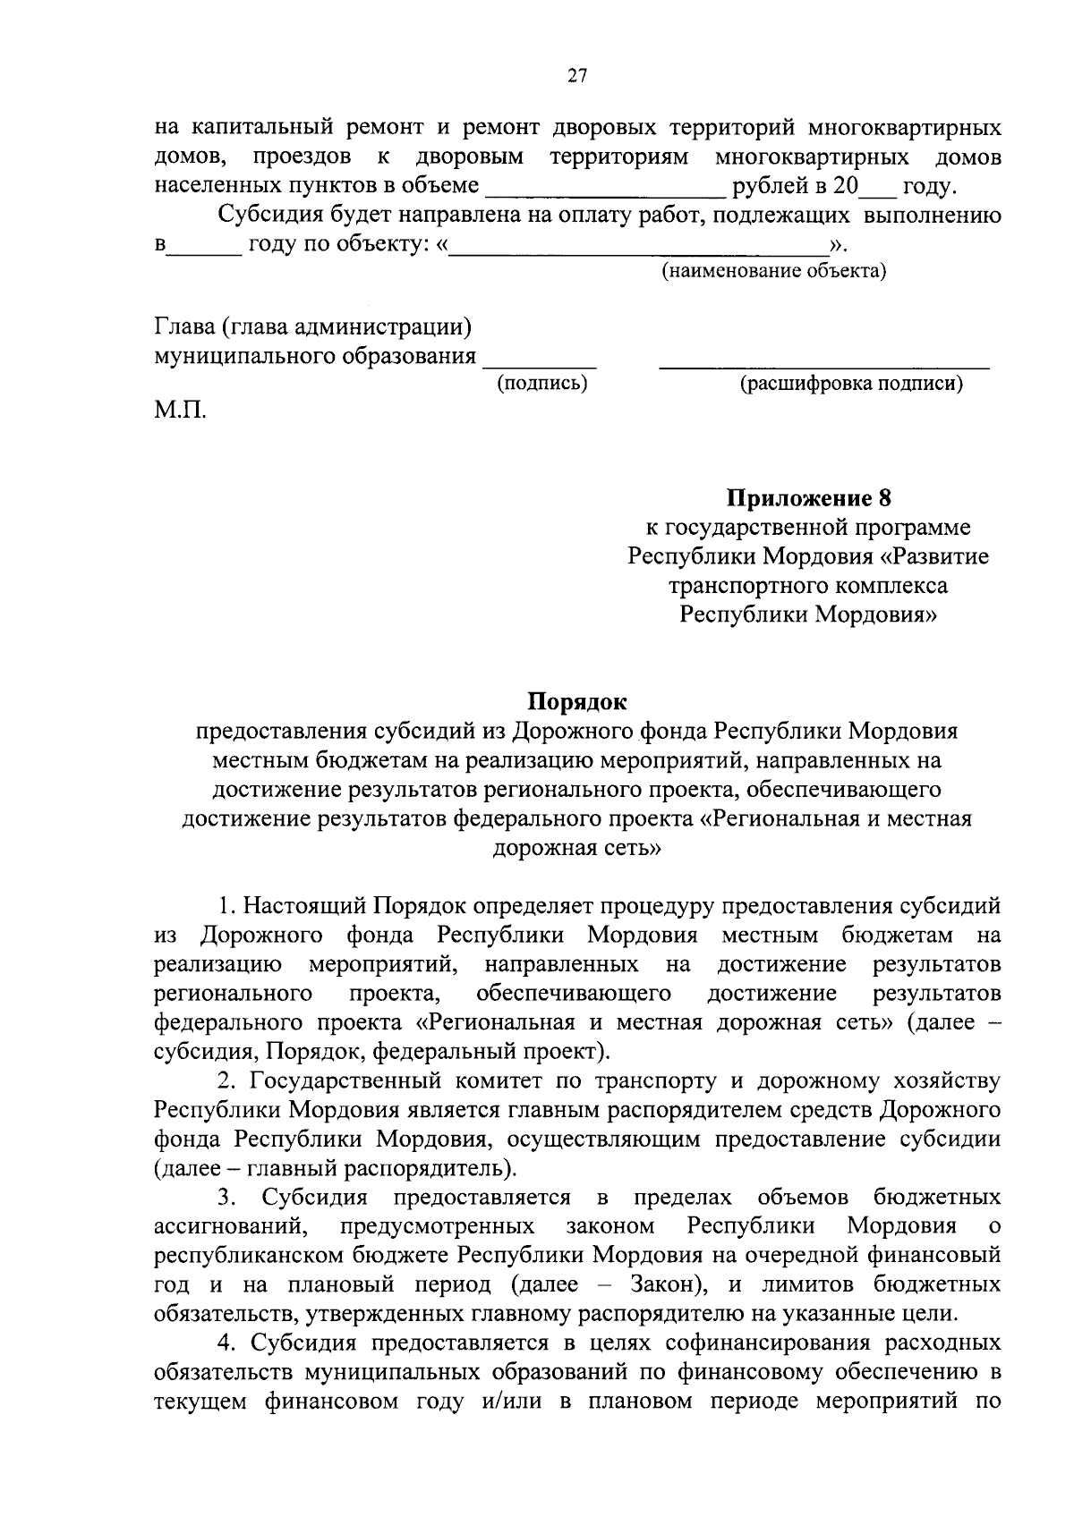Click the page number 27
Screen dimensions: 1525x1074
point(576,77)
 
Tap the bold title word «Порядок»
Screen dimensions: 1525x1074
point(576,700)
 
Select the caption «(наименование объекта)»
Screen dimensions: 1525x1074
point(773,271)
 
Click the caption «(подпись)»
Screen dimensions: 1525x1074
point(542,384)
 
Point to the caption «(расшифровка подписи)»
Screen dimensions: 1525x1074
point(850,384)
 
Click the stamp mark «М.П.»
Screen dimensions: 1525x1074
point(180,412)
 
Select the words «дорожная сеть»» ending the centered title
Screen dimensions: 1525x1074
point(576,847)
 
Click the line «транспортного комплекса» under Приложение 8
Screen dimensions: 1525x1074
point(808,586)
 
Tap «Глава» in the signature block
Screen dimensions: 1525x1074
point(184,327)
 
